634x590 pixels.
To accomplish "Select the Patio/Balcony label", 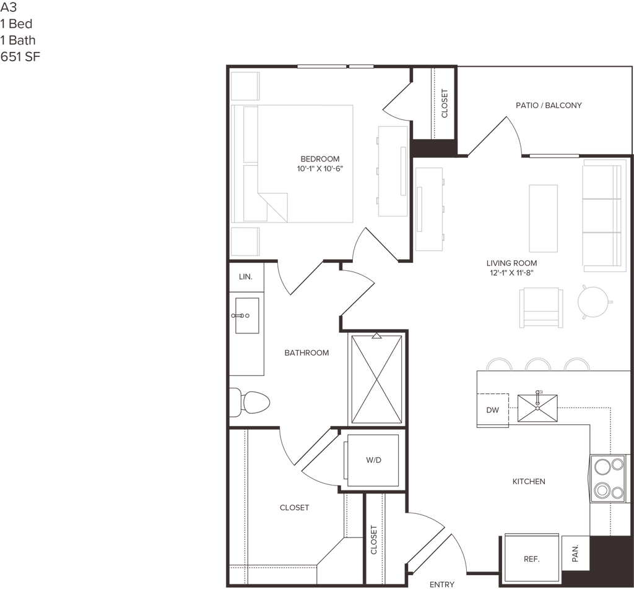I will click(x=549, y=106).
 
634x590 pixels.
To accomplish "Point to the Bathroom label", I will click(x=306, y=353).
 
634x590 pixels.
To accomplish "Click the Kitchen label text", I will click(x=528, y=481).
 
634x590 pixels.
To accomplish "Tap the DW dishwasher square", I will click(x=493, y=409).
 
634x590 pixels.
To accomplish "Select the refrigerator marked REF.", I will click(x=531, y=558).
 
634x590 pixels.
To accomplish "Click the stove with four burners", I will click(x=607, y=477).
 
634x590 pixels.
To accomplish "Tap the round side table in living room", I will click(x=594, y=302).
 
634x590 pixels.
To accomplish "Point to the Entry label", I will click(x=443, y=583).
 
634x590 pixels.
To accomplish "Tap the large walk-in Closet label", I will click(x=293, y=508).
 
